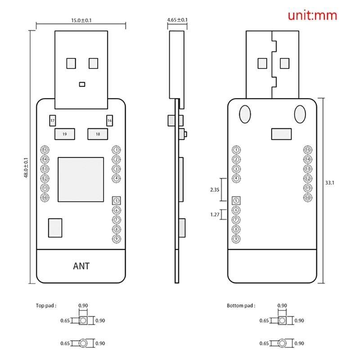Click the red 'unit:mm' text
(x=312, y=16)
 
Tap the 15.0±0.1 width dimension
(x=81, y=20)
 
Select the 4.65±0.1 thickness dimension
(x=177, y=20)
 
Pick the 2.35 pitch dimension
(x=215, y=190)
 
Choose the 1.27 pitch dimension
(x=215, y=215)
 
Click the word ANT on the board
(x=81, y=266)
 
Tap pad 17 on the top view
(x=53, y=121)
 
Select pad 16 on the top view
(x=109, y=121)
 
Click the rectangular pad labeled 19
(x=64, y=134)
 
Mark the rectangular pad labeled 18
(x=98, y=134)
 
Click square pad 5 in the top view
(x=117, y=200)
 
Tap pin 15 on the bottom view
(x=308, y=149)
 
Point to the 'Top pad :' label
(x=46, y=306)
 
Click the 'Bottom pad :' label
(x=241, y=306)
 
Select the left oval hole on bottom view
(x=245, y=113)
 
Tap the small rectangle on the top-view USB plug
(x=81, y=84)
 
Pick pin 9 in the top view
(x=117, y=238)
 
